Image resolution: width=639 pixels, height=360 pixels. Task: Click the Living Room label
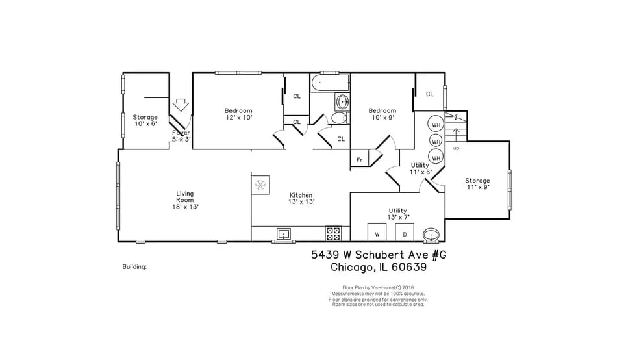click(x=185, y=200)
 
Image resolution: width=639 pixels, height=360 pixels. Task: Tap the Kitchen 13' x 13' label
click(x=301, y=198)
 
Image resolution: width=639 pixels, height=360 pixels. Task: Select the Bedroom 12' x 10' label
click(x=238, y=114)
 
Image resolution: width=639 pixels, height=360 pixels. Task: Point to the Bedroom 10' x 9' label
click(x=382, y=114)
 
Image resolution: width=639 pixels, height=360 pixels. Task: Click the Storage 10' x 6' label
click(x=145, y=120)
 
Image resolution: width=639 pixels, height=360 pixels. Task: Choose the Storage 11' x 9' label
click(x=477, y=183)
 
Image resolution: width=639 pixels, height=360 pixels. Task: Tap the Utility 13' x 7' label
click(x=397, y=214)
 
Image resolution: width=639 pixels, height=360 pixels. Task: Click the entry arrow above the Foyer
click(x=181, y=105)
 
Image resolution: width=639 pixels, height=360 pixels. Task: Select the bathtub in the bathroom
click(x=330, y=84)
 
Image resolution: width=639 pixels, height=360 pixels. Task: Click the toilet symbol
click(x=338, y=118)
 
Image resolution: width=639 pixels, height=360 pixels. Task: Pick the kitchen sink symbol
click(x=284, y=233)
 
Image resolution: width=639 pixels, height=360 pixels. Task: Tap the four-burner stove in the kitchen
click(x=333, y=233)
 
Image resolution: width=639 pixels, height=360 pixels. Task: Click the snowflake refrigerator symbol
click(x=260, y=186)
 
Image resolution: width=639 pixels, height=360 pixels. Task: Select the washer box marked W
click(x=377, y=232)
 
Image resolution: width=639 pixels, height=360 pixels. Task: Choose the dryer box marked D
click(x=405, y=232)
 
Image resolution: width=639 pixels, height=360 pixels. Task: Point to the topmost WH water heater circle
click(x=436, y=125)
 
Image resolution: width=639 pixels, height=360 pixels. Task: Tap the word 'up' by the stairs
click(x=456, y=148)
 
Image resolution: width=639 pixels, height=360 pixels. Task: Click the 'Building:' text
click(x=134, y=266)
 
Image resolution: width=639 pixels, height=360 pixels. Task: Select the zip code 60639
click(x=407, y=266)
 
